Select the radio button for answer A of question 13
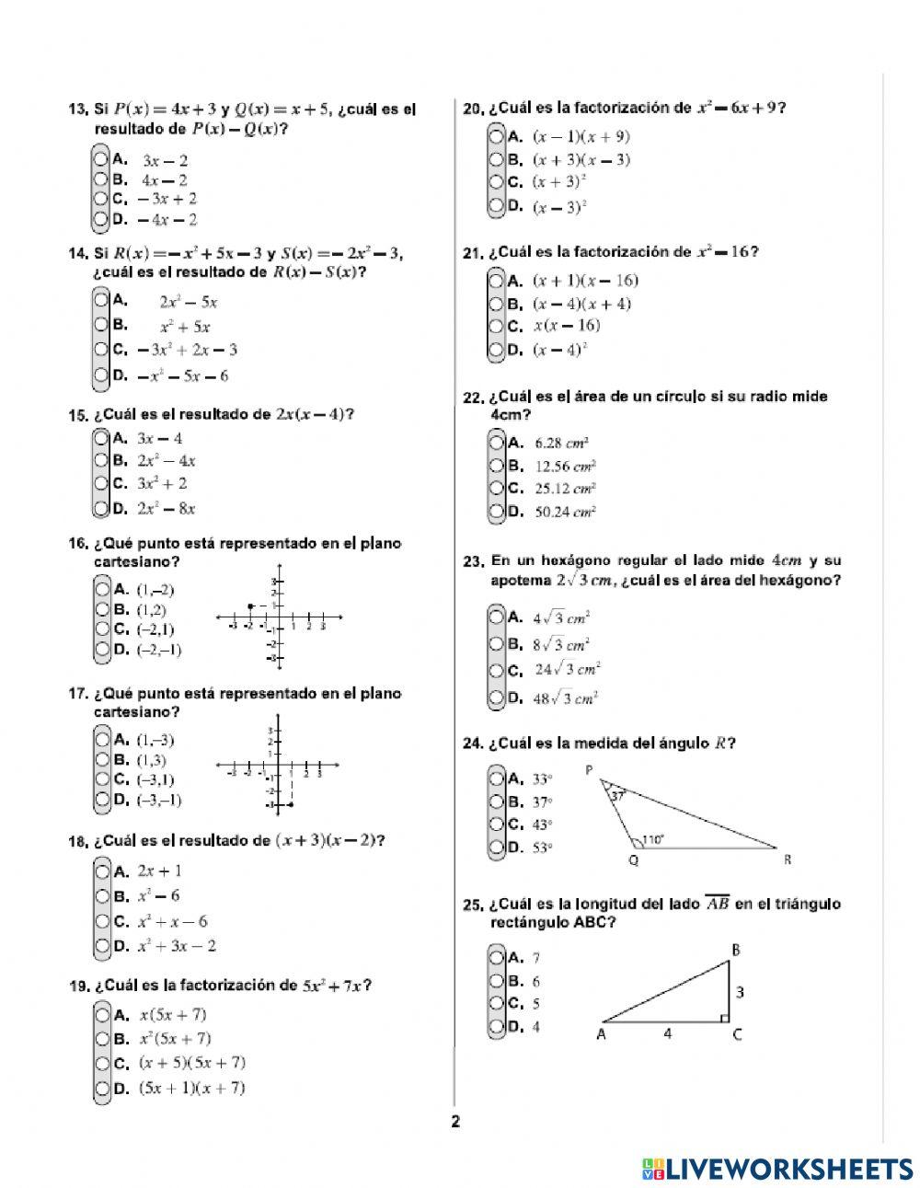101,158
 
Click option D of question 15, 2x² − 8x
101,507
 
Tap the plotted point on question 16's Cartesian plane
250,606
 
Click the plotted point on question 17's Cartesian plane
291,805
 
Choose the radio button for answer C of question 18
101,920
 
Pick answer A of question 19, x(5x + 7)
101,1015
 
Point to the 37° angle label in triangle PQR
616,798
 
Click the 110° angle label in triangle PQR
652,839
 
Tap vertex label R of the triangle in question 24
788,859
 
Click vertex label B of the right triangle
735,950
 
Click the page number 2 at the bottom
454,1121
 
